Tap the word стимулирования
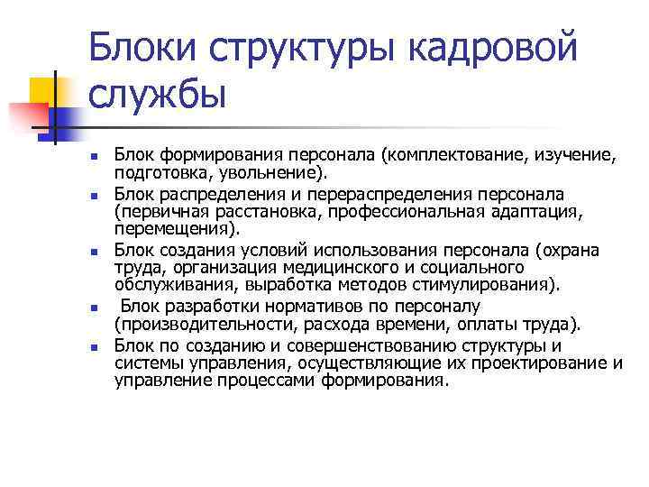coord(481,285)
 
